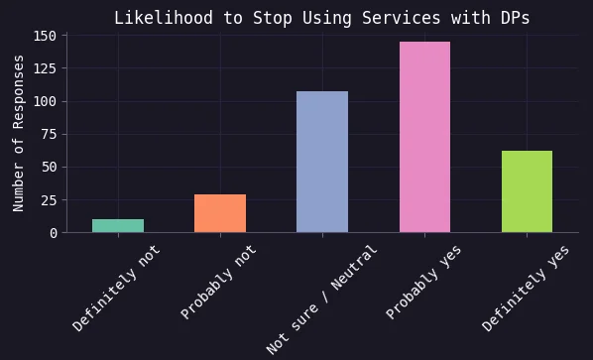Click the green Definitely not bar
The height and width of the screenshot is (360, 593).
tap(118, 226)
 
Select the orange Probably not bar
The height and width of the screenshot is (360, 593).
tap(220, 213)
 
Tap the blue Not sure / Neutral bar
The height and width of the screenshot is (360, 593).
tap(322, 162)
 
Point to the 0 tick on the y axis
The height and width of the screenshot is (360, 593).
tap(53, 233)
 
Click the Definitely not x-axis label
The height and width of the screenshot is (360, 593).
tap(116, 289)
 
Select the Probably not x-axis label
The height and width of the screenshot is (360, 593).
tap(218, 283)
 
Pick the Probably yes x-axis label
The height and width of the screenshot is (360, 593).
tap(423, 283)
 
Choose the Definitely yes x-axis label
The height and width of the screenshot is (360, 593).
tap(526, 289)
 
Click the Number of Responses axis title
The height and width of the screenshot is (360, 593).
tap(19, 133)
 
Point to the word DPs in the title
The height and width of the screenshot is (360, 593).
tap(517, 18)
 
